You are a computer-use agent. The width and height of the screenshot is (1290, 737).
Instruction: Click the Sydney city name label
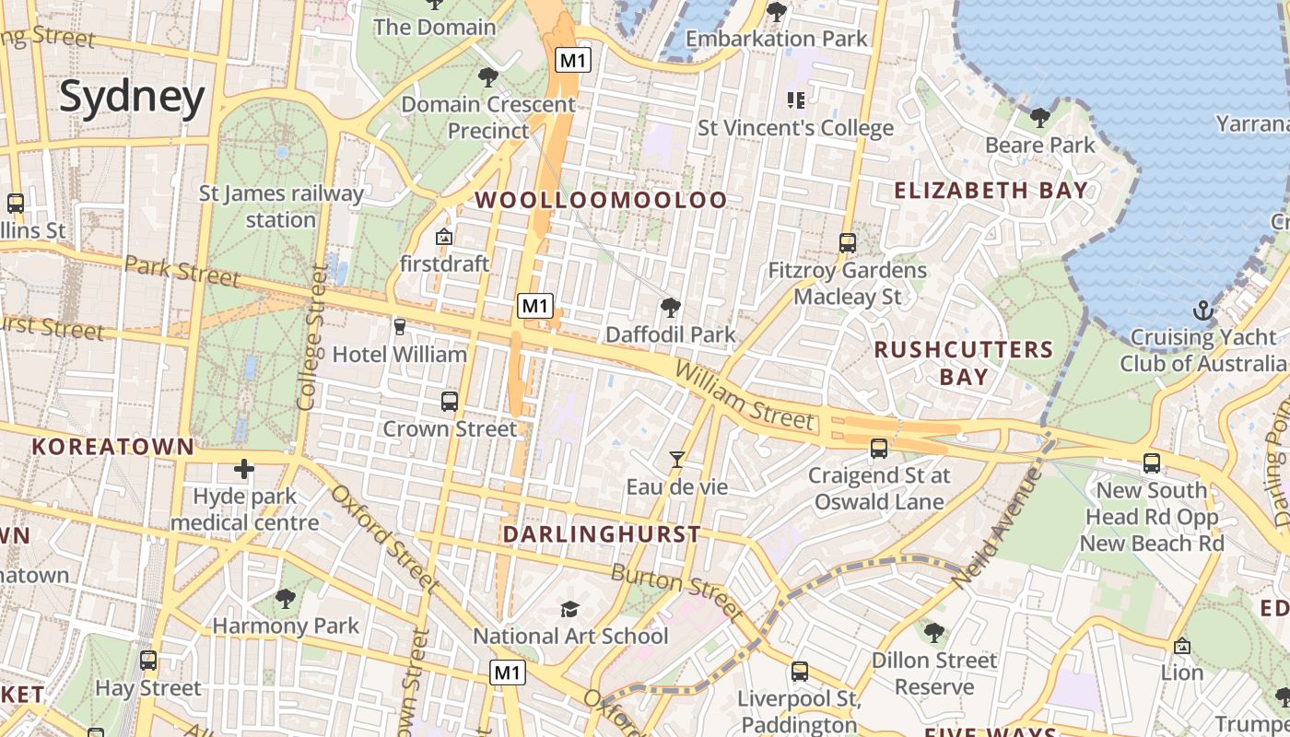132,97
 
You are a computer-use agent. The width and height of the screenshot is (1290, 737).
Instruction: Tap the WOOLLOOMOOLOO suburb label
601,200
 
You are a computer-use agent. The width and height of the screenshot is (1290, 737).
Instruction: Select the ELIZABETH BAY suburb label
991,191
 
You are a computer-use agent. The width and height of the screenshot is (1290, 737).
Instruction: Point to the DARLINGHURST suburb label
602,534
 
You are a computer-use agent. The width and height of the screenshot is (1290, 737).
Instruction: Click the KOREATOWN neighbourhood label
113,447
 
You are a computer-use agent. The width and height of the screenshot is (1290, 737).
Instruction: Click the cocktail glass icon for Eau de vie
677,459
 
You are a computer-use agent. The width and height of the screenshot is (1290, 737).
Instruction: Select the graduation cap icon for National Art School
570,609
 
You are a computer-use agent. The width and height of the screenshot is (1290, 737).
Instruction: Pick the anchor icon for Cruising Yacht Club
1202,310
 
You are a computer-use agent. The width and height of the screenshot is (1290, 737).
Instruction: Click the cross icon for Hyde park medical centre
244,470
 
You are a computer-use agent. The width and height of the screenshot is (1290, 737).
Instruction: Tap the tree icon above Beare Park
1040,118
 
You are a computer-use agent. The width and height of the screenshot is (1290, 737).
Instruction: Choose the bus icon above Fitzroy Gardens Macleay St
848,243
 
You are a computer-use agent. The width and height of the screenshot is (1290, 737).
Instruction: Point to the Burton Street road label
676,591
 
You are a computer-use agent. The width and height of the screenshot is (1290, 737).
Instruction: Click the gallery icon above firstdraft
444,237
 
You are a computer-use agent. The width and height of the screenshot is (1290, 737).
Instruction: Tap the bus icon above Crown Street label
450,402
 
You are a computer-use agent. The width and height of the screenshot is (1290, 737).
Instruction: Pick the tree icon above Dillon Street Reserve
934,633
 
